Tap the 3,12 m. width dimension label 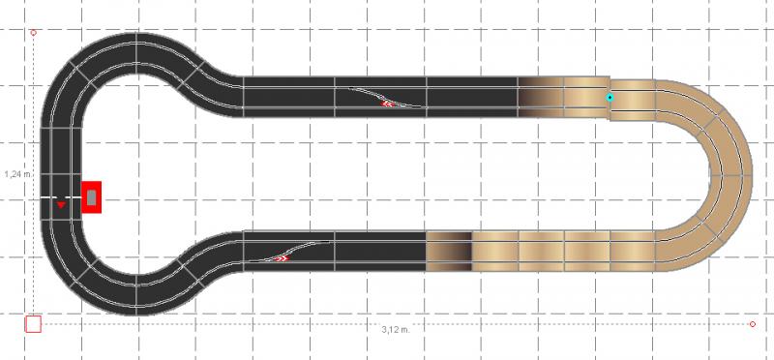[396, 330]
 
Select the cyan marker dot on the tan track [610, 98]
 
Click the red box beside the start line [91, 197]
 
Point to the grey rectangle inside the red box [92, 197]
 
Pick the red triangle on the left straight [61, 204]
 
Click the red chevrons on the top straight [387, 104]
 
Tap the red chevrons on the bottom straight [282, 257]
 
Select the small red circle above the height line [34, 33]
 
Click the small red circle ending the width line [753, 324]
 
